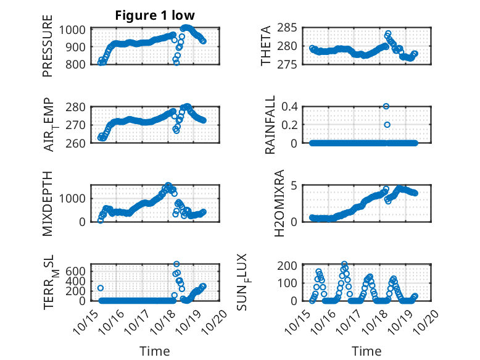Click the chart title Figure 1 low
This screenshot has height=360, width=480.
coord(155,15)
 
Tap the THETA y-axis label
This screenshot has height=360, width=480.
coord(266,47)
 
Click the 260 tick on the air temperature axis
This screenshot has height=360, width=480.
coord(77,143)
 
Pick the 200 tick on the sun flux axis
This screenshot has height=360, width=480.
coord(291,266)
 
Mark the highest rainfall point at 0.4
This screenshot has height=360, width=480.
coord(386,106)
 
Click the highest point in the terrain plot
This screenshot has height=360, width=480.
coord(176,264)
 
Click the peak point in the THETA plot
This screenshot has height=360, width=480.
coord(388,33)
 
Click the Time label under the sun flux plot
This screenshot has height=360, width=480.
coord(366,351)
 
